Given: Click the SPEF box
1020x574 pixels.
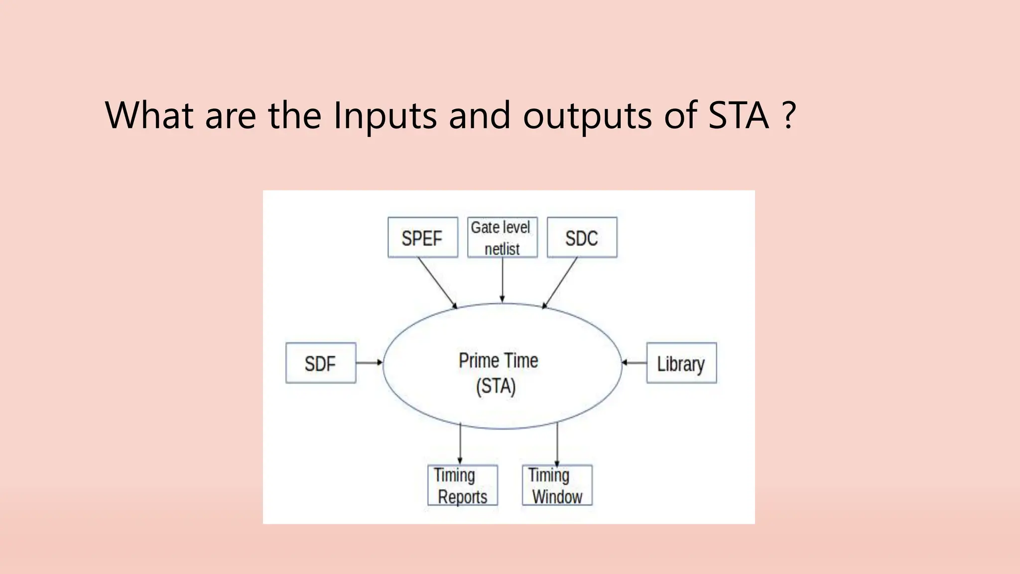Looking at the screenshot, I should tap(422, 238).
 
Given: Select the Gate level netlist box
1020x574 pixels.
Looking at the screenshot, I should tap(502, 238).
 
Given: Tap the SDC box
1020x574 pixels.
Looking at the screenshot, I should tap(582, 238).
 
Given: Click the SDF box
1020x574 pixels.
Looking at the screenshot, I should tap(321, 363).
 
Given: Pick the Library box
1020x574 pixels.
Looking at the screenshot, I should tap(681, 363).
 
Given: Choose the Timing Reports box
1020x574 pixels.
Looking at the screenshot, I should tap(462, 485).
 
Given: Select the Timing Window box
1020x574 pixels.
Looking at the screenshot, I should tap(557, 485).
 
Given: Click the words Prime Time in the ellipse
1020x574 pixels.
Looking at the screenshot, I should tap(498, 361).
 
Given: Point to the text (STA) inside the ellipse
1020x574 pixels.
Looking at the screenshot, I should tap(496, 386).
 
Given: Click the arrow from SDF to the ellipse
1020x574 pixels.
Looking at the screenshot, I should tap(369, 363).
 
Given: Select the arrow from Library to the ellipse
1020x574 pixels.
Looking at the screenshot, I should tap(634, 363).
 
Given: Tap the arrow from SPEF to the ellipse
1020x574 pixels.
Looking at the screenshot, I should tap(437, 283).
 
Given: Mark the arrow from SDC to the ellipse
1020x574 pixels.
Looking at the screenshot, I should tap(560, 283).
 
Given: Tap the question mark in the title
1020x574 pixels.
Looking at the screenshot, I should tap(788, 116).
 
